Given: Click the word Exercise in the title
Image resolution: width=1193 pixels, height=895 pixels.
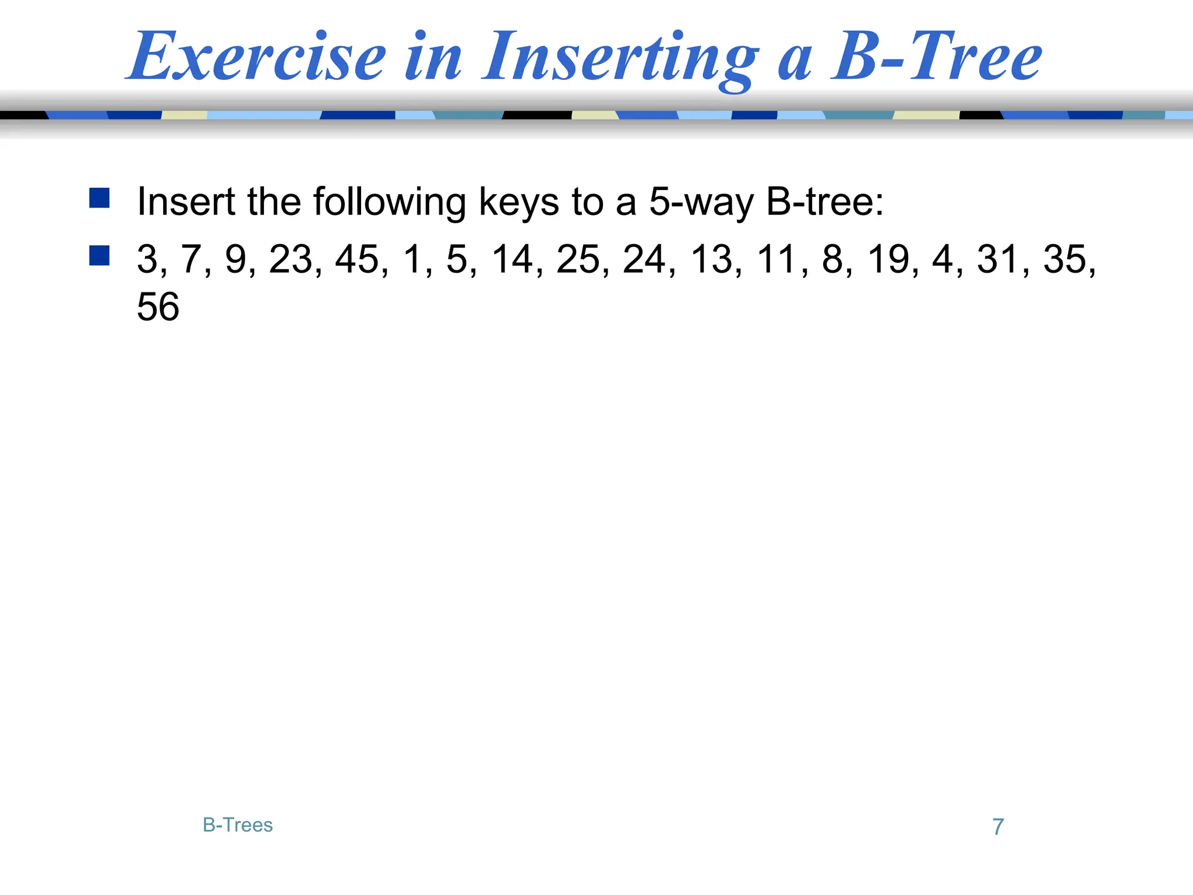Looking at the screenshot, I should (x=257, y=57).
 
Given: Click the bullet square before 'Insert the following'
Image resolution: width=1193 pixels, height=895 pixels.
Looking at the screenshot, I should (x=100, y=198).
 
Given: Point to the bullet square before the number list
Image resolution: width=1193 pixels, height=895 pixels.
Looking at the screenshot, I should (x=100, y=255).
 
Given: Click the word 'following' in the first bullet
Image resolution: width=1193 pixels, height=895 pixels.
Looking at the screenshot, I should (x=389, y=202).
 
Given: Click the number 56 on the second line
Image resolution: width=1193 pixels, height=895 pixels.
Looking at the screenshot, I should (x=158, y=306).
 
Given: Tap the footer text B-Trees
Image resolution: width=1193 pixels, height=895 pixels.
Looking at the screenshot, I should (x=238, y=825).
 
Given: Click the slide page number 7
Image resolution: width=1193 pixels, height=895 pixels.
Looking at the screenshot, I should (x=998, y=827).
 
